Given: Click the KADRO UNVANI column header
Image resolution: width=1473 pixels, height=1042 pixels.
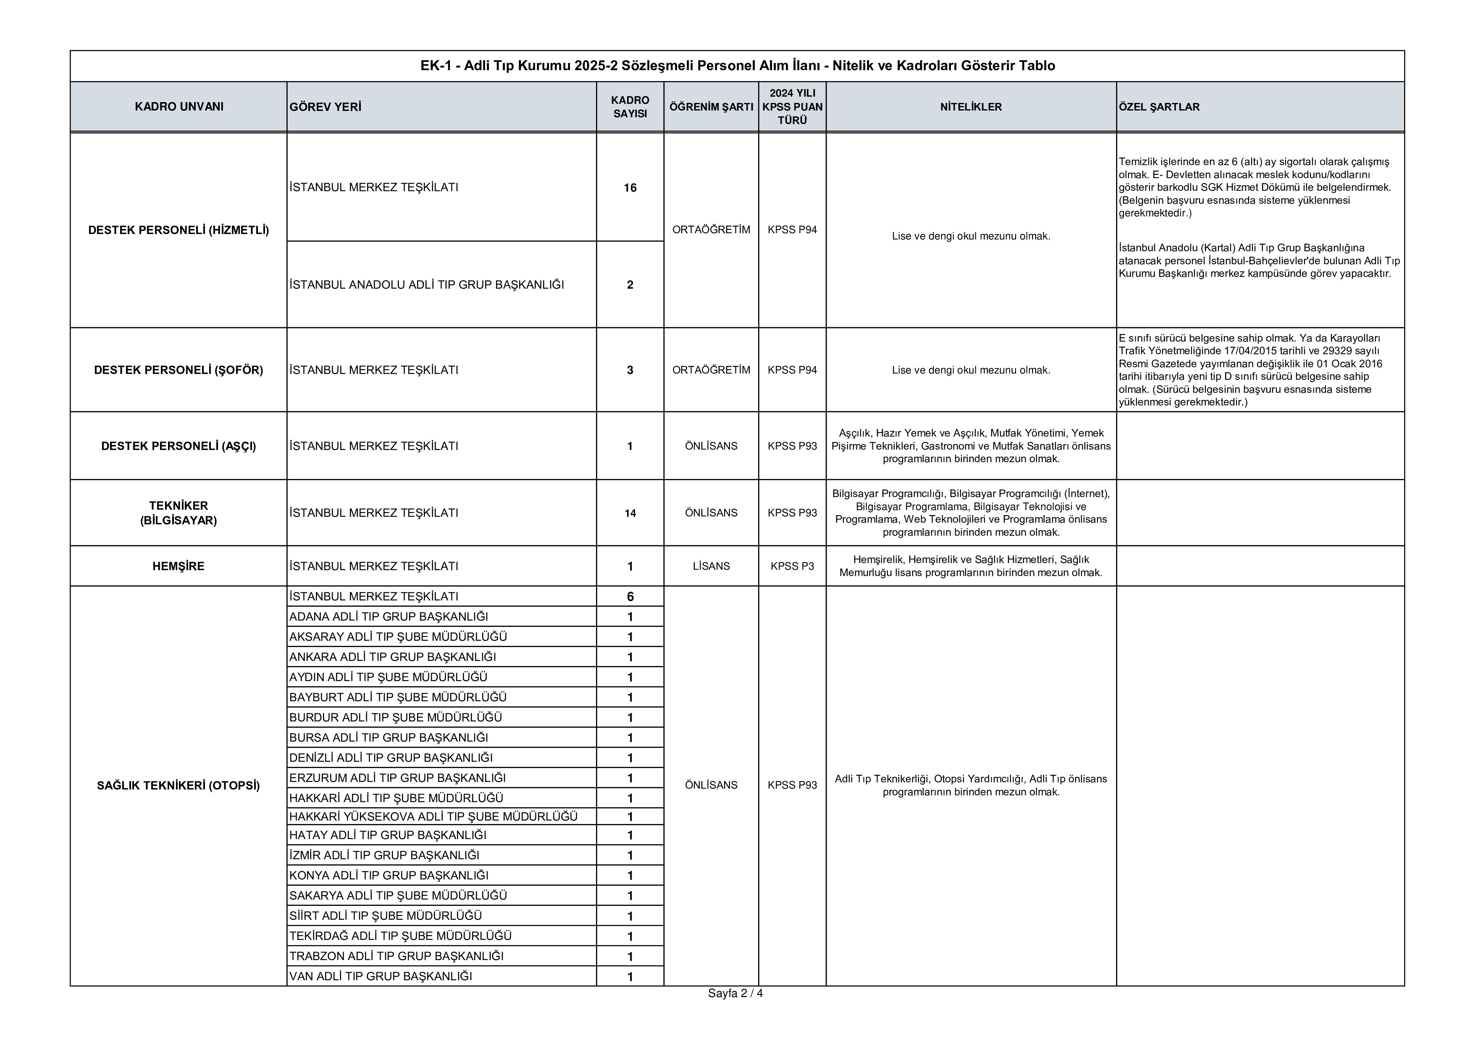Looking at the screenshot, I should [179, 106].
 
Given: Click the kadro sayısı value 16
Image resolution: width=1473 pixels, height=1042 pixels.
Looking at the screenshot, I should [630, 187].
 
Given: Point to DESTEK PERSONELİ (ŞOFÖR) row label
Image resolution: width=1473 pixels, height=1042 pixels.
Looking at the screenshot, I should [179, 370].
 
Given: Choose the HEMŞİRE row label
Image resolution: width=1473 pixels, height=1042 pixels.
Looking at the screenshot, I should [179, 566].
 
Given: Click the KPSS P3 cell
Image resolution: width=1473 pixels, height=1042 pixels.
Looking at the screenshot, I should [792, 566].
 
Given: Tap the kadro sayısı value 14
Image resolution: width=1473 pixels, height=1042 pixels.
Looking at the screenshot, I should [630, 513].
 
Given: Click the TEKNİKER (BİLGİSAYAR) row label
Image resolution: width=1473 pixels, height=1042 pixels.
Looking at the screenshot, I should [179, 513].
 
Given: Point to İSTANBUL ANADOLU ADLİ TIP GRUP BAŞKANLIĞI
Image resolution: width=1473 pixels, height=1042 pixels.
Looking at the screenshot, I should [427, 285].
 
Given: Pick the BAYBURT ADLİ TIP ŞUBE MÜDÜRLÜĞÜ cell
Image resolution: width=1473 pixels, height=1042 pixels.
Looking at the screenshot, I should [398, 697].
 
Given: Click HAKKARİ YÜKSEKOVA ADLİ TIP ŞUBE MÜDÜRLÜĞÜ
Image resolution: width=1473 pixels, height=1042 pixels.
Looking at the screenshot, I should [433, 816].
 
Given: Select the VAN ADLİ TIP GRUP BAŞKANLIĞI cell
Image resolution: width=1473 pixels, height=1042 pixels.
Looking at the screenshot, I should [381, 976].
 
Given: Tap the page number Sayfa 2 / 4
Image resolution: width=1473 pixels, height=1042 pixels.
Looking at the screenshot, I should [735, 993].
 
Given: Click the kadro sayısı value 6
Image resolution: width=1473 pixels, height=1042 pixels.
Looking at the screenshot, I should [630, 596].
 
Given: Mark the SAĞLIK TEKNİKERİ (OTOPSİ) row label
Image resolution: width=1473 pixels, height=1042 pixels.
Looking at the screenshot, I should [179, 785].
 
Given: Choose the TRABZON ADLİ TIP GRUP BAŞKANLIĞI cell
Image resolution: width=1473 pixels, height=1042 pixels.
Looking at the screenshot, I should [396, 955].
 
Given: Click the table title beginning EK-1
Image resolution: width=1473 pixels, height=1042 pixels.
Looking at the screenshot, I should [737, 66].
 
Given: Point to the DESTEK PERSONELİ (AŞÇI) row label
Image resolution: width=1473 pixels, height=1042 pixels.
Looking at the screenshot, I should [179, 446].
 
